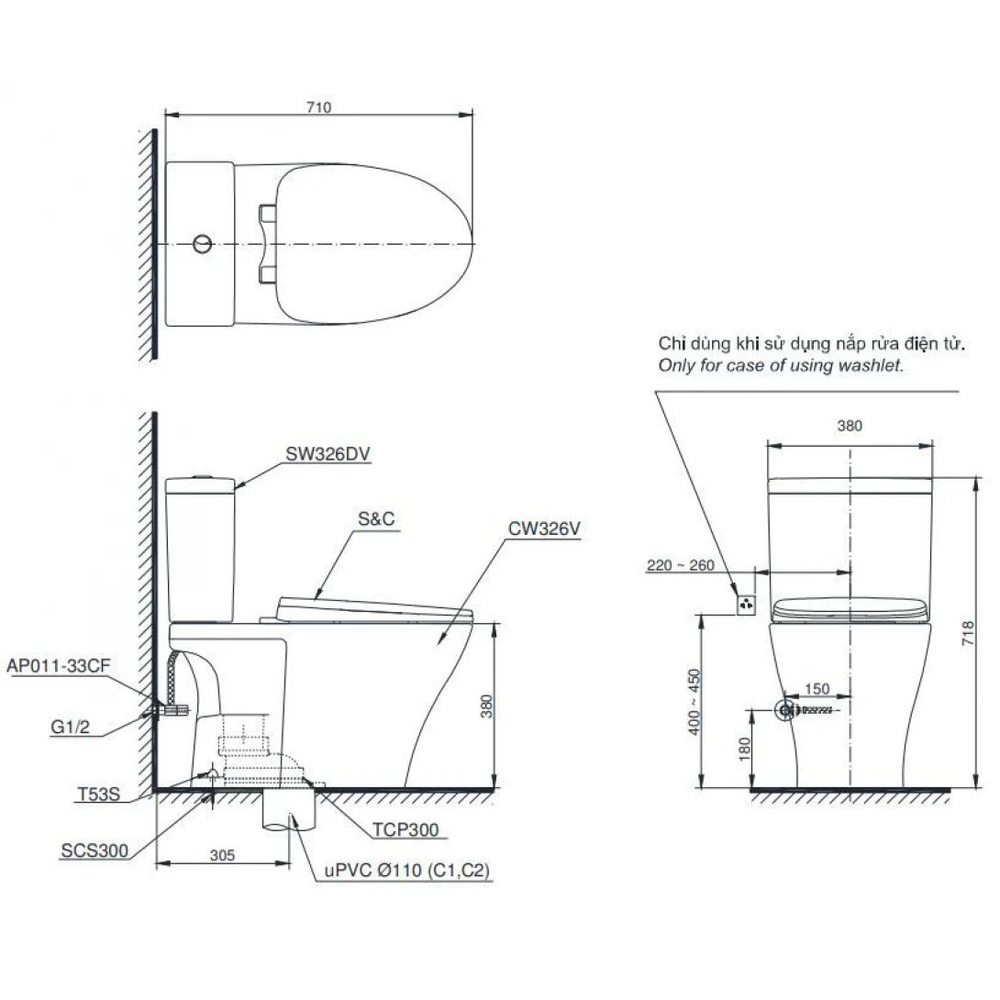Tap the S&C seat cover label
(x=375, y=518)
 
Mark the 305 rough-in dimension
(x=222, y=855)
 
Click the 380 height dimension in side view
(x=487, y=705)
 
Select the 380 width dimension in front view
(x=850, y=426)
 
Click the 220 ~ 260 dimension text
(x=681, y=566)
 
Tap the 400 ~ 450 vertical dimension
(x=694, y=701)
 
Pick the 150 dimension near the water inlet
(x=819, y=689)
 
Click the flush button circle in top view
(x=203, y=245)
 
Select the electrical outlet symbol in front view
(x=747, y=603)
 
